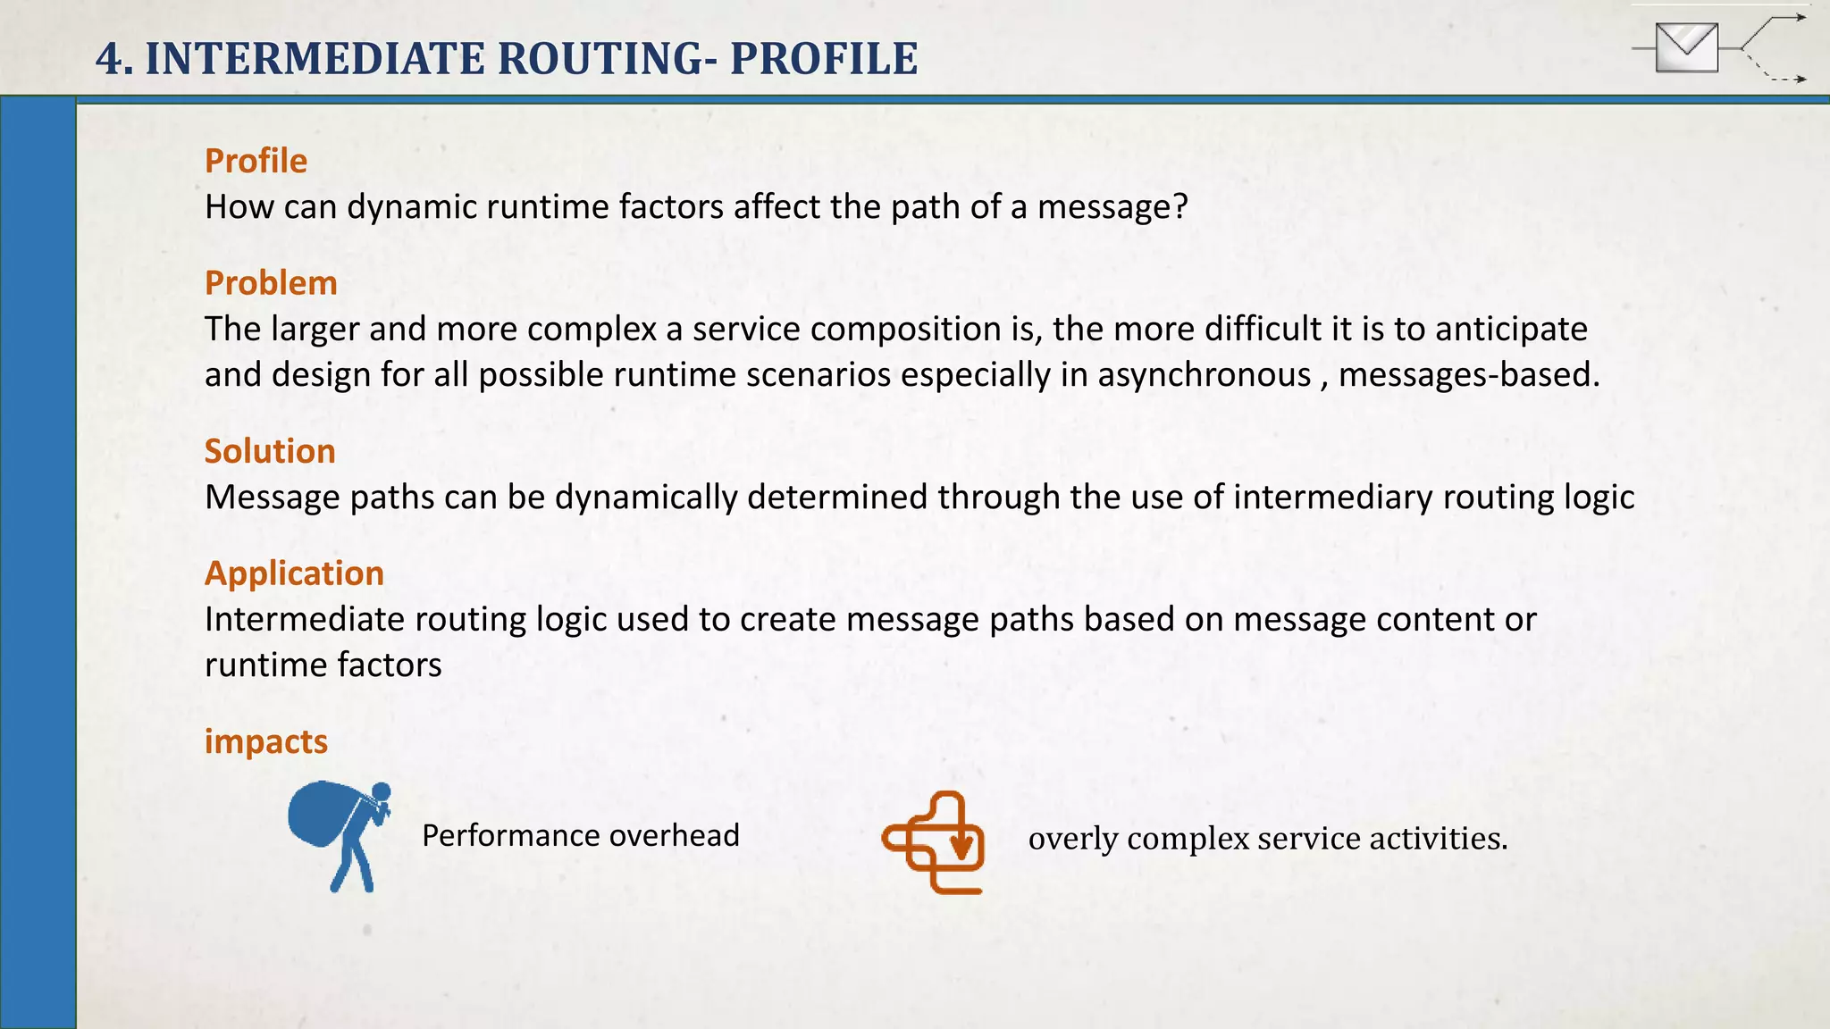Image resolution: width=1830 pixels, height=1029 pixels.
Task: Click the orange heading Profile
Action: (256, 162)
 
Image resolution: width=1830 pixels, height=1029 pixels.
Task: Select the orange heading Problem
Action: (271, 283)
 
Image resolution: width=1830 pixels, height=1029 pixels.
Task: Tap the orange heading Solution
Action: (270, 451)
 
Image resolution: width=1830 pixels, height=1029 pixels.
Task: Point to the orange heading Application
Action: (294, 573)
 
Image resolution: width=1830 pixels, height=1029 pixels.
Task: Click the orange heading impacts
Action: (265, 741)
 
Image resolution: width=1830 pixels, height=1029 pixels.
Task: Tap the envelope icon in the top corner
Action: (1686, 47)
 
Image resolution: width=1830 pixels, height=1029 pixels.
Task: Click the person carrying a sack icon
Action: (340, 836)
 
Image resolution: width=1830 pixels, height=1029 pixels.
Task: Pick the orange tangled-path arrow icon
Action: (934, 841)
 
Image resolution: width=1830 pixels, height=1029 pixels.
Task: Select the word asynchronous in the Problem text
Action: (1204, 375)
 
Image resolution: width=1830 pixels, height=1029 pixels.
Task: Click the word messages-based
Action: (1468, 375)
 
